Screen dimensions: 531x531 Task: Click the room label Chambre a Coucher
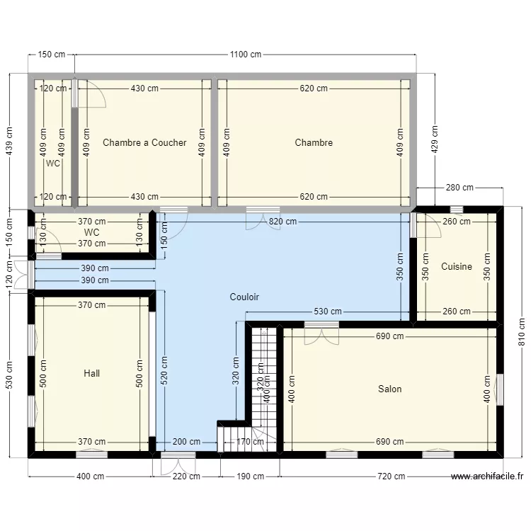click(x=144, y=142)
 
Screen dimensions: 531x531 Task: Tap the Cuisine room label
click(x=456, y=267)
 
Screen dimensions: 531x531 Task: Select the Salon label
click(x=389, y=389)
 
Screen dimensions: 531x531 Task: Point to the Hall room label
click(x=91, y=373)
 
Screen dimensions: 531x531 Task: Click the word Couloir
click(x=244, y=297)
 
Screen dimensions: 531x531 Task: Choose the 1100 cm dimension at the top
click(x=246, y=55)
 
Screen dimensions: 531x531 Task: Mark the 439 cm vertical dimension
click(x=9, y=142)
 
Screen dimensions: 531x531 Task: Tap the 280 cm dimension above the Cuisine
click(x=459, y=188)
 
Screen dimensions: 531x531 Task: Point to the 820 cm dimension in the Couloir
click(x=282, y=222)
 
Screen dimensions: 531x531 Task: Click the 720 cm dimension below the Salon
click(x=392, y=476)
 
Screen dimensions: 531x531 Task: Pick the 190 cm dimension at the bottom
click(x=250, y=476)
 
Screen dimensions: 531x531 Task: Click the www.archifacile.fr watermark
click(x=487, y=476)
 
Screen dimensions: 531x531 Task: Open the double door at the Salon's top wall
click(x=321, y=333)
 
